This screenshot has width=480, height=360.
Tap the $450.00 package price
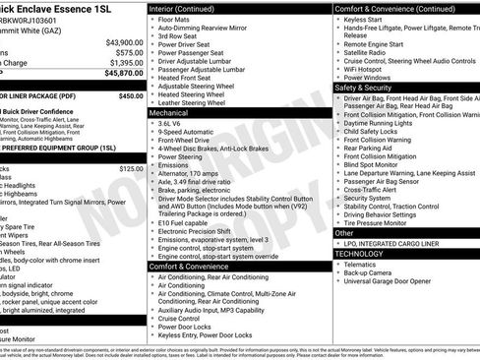pyautogui.click(x=130, y=96)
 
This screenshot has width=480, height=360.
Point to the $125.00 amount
pyautogui.click(x=131, y=168)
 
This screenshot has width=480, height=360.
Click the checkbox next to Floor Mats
pyautogui.click(x=151, y=19)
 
